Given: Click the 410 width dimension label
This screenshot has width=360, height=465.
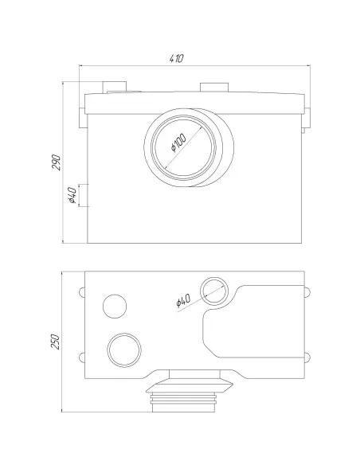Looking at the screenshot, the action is point(177,58).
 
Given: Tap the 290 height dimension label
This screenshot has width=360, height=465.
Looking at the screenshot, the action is point(56,162).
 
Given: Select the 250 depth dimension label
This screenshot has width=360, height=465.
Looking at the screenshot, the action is point(55,342).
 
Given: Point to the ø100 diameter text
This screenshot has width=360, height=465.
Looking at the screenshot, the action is point(178,142).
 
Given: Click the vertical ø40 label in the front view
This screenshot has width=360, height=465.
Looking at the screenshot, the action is point(72,195).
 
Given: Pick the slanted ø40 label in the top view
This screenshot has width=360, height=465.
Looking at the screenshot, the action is point(183,300).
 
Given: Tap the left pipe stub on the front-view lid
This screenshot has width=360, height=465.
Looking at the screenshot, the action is point(115,88).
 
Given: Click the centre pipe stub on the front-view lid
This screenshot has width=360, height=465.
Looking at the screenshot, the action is point(214,88).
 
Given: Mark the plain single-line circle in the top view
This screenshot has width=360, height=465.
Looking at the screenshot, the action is point(115,307).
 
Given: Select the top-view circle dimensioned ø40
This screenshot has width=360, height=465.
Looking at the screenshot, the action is point(214,291).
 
